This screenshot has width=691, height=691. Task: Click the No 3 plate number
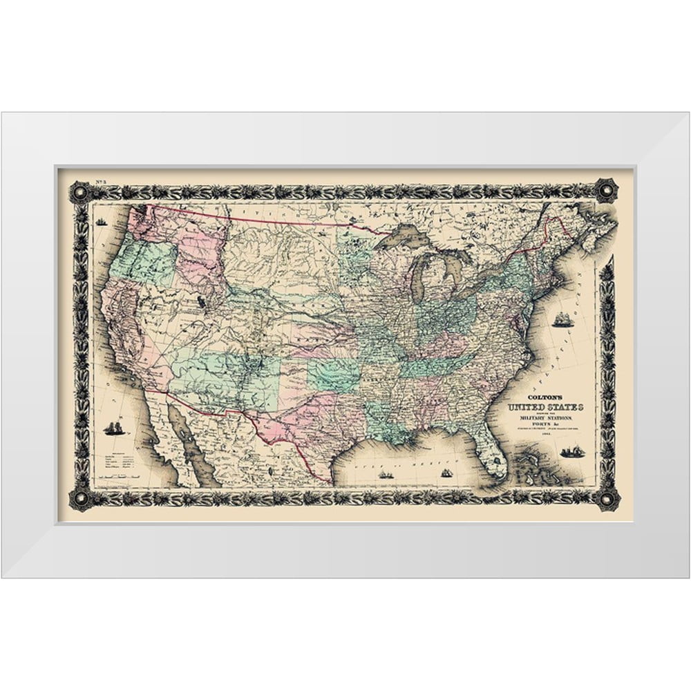(x=77, y=176)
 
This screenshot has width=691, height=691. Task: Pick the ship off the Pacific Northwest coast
(x=101, y=222)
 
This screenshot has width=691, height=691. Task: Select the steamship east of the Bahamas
(x=572, y=452)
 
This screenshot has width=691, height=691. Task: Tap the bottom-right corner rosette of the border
(x=607, y=498)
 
